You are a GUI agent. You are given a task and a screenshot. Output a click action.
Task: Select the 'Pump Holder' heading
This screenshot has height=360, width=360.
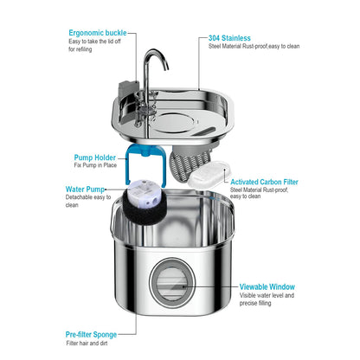click(94, 157)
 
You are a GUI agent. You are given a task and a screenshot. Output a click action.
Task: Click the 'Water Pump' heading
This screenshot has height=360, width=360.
click(85, 188)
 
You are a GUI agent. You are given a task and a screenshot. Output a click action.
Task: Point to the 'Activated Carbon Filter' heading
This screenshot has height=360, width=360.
click(265, 183)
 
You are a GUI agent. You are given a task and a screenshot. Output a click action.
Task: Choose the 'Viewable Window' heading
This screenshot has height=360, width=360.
click(267, 286)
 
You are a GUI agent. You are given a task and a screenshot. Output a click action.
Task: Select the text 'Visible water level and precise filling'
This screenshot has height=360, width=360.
click(267, 300)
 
